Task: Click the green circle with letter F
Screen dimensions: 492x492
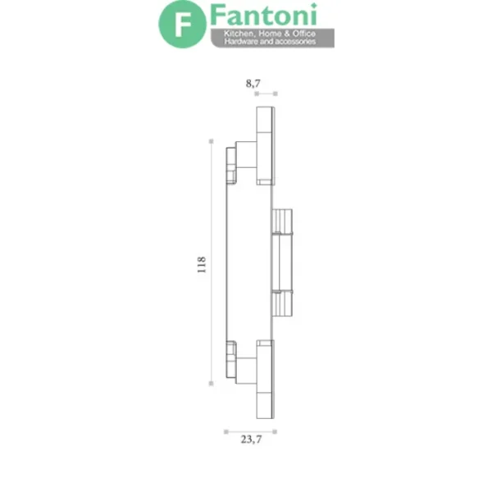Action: click(182, 24)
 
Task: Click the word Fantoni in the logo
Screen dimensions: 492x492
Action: click(263, 15)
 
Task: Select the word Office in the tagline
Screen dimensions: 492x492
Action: click(304, 34)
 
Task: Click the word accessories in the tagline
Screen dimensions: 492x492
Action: click(296, 42)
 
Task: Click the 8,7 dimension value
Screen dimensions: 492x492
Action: click(253, 84)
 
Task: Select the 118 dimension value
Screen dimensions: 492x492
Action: click(202, 265)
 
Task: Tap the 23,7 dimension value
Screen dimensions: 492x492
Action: click(251, 440)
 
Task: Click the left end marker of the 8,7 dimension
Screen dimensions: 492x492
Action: click(257, 93)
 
